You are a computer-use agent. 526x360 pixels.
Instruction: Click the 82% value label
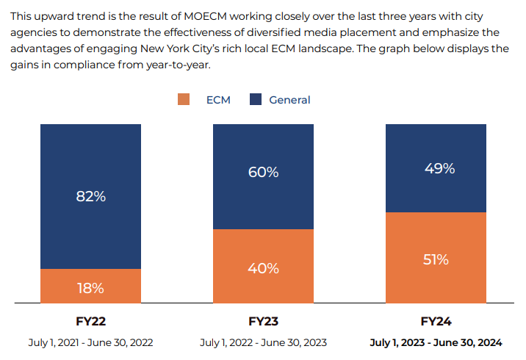[91, 197]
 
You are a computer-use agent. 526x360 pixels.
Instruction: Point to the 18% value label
[91, 288]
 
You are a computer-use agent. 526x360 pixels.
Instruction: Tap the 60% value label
[263, 173]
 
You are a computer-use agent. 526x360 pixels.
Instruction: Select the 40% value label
[263, 268]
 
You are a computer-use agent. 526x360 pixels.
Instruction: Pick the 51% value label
[436, 259]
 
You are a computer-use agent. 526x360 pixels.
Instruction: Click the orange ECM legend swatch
[184, 100]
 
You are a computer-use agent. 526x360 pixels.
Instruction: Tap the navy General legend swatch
[256, 100]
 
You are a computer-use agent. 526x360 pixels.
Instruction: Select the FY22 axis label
[90, 322]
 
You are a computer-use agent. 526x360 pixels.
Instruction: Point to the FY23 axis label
[263, 322]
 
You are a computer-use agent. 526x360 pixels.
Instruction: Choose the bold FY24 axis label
[436, 322]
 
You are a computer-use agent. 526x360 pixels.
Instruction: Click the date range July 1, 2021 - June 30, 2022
[90, 342]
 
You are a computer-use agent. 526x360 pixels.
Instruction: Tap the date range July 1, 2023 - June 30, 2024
[436, 342]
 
